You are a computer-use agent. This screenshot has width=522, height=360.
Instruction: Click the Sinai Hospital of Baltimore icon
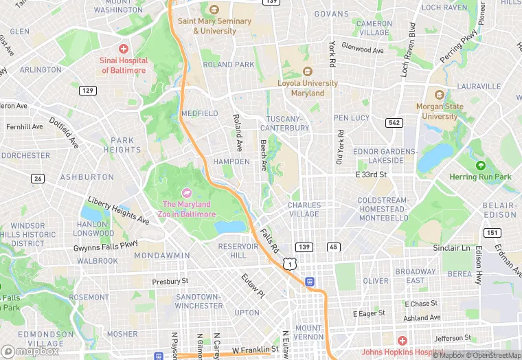click(124, 49)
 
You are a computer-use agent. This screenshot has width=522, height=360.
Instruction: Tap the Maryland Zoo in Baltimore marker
click(185, 192)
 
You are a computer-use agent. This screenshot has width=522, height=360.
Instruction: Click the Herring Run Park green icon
click(481, 166)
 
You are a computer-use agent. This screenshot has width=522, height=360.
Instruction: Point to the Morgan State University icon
click(440, 95)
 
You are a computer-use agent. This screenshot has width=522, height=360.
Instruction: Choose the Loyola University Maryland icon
click(307, 71)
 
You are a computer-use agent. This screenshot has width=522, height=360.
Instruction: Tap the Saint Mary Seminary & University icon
click(214, 10)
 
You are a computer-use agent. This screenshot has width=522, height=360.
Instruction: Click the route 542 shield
click(394, 122)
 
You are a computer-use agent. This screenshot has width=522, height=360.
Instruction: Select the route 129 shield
click(87, 90)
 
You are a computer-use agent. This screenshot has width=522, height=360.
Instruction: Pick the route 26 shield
click(38, 179)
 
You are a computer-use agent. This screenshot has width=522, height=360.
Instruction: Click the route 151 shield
click(491, 233)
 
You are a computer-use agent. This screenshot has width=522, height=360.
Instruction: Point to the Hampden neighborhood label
click(232, 161)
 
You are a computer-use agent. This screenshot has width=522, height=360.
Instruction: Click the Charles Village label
click(304, 210)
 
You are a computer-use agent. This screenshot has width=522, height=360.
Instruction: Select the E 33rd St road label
click(371, 175)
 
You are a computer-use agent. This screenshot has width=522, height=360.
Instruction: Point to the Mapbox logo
click(30, 351)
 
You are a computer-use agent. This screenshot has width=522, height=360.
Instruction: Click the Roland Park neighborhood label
click(229, 65)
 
